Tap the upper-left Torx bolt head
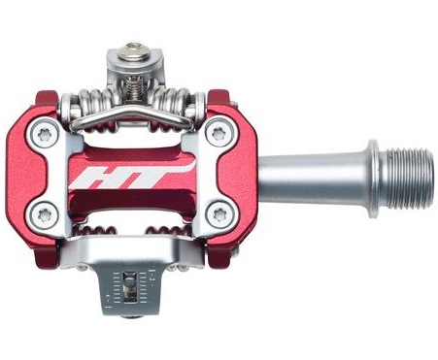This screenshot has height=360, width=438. point(45,134)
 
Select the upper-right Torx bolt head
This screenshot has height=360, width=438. point(220,133)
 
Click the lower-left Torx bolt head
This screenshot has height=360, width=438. point(45,214)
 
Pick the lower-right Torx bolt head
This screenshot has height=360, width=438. point(220,213)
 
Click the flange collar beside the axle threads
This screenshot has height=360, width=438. point(373,179)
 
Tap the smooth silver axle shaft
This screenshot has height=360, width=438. point(313,179)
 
